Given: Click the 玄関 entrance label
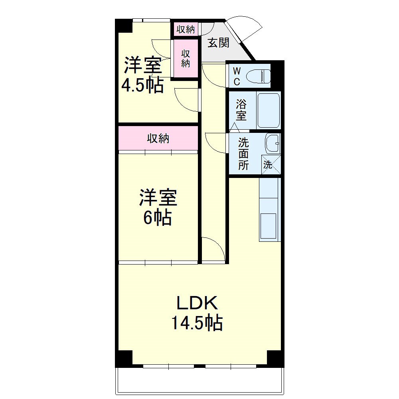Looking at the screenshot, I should coord(219,43).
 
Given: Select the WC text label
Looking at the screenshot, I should coord(237,76).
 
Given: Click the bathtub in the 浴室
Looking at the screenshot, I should coord(269,110).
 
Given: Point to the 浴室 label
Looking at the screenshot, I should coord(241,110).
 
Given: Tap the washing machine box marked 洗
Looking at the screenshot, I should coord(271,164).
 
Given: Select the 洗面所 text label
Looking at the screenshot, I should coord(243,154).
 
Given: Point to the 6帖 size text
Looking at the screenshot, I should coord(158,218).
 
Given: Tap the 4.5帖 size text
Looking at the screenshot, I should coord(142,85).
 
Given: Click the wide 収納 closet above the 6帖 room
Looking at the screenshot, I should coord(158,138).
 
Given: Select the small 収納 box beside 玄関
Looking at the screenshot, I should coord(186,29).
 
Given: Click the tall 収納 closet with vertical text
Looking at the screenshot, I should coord(186,58).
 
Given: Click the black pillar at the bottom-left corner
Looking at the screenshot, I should coord(124,358).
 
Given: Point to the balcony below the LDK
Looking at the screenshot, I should coord(199,380).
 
